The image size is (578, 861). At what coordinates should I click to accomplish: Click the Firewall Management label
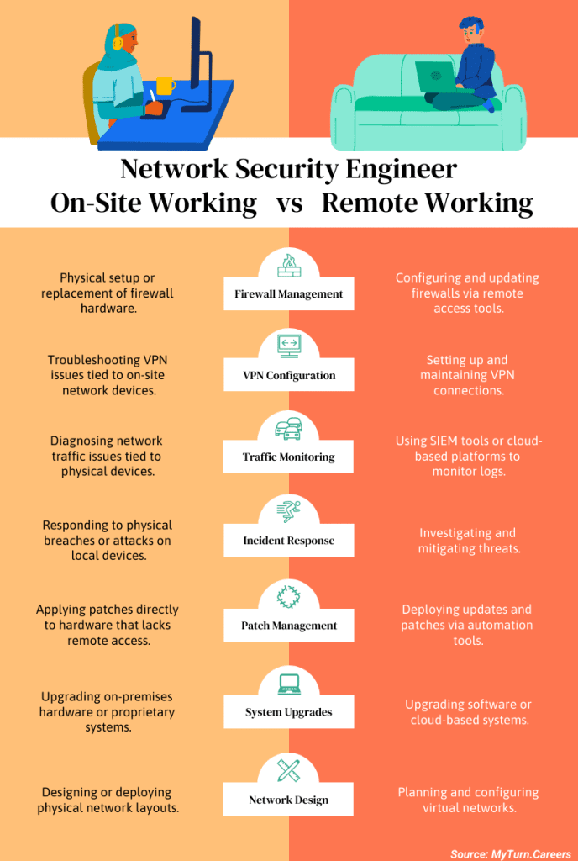(x=288, y=294)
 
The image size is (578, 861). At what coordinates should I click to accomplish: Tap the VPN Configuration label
(x=288, y=376)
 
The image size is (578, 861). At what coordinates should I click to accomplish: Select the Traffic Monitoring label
(x=288, y=457)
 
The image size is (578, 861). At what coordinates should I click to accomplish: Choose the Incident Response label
(x=288, y=541)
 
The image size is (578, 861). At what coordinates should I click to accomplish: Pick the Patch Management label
(x=288, y=626)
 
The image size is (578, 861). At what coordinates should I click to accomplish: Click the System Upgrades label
(x=288, y=712)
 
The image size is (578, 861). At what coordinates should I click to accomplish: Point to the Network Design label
(x=288, y=800)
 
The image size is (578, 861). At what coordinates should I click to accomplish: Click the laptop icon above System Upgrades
(x=288, y=683)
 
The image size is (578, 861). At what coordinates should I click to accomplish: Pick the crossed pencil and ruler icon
(x=288, y=769)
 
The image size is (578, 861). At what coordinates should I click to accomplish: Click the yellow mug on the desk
(x=166, y=86)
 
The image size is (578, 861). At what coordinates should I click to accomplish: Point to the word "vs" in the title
(x=289, y=203)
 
